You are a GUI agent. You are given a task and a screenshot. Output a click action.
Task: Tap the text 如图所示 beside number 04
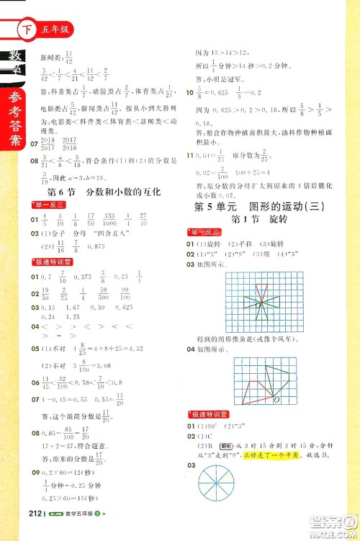pos(215,351)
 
